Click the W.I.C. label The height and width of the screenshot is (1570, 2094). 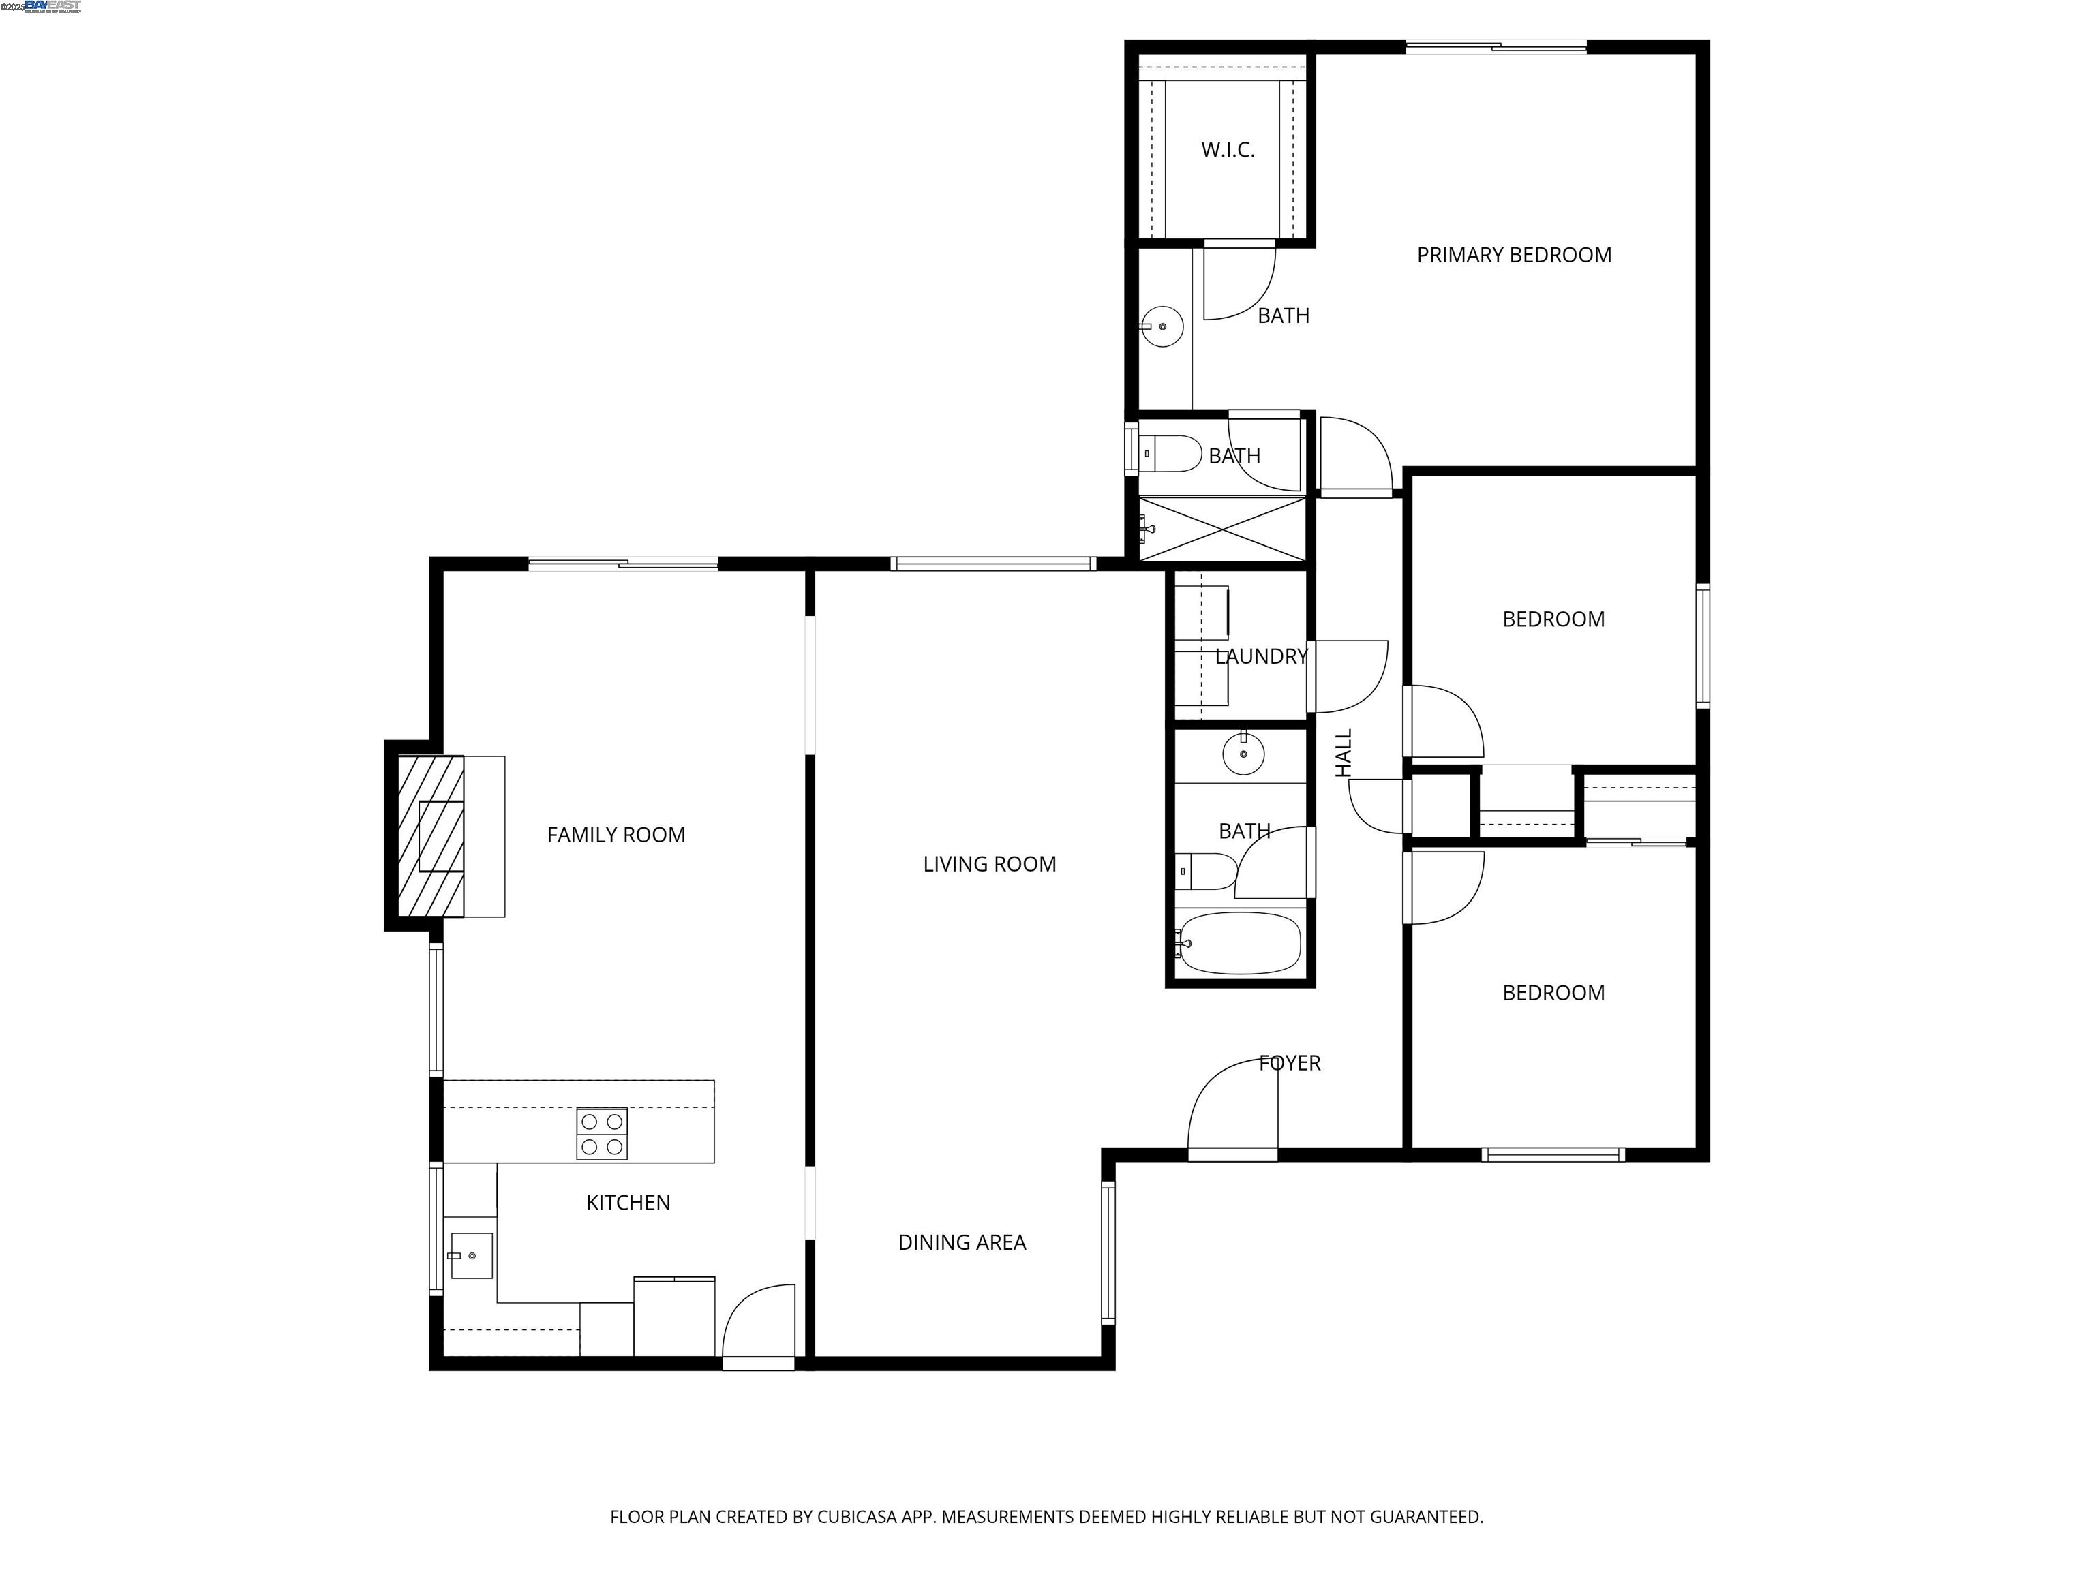coord(1228,149)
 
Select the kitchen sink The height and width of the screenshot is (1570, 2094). coord(470,1256)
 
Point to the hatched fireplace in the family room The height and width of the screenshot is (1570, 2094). coord(431,835)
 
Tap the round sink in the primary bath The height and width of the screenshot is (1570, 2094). coord(1162,326)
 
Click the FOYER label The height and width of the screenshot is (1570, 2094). coord(1290,1063)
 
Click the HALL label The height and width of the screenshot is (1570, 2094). coord(1344,753)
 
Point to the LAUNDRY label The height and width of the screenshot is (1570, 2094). coord(1261,656)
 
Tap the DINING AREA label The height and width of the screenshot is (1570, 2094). coord(961,1242)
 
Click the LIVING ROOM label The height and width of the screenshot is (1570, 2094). coord(989,864)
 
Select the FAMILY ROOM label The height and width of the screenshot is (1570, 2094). coord(616,835)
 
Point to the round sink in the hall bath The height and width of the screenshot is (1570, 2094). coord(1243,754)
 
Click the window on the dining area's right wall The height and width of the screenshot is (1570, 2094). coord(1108,1251)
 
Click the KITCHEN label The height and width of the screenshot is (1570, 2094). coord(628,1203)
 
